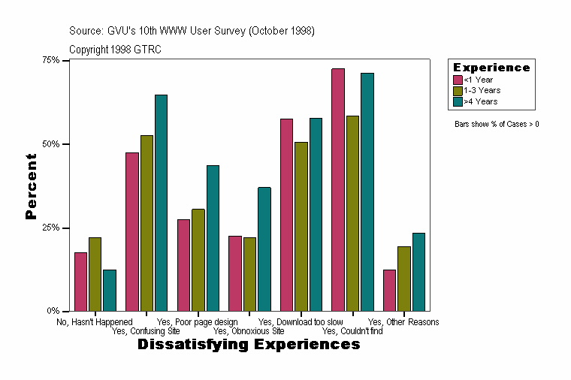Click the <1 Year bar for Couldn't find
tap(338, 189)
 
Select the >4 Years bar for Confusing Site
tap(162, 203)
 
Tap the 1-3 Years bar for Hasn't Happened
tap(95, 274)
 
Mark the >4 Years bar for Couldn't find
tap(367, 192)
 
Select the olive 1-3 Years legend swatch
tap(458, 90)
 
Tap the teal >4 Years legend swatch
tap(458, 101)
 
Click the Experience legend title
tap(491, 68)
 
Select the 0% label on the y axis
tap(55, 311)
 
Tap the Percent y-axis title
tap(31, 186)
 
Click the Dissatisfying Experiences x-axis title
tap(249, 345)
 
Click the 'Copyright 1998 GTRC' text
tap(115, 50)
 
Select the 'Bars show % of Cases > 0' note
tap(497, 124)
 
